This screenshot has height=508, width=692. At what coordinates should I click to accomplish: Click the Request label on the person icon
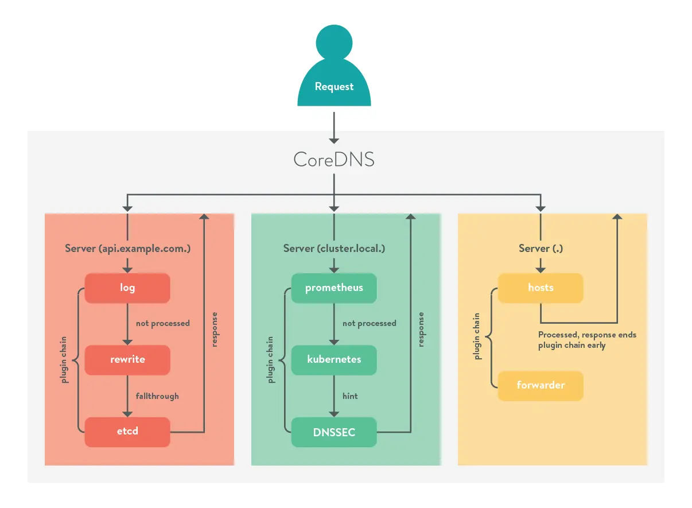pos(334,87)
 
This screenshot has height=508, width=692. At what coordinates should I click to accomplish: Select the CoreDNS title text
pos(334,159)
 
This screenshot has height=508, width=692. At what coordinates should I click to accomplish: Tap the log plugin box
pos(127,288)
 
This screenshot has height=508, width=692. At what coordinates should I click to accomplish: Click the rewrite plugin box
pos(127,359)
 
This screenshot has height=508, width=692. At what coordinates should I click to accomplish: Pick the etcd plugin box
pos(127,431)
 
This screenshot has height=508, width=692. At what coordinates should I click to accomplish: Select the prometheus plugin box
pos(334,288)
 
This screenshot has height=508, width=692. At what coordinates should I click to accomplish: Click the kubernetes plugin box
pos(334,359)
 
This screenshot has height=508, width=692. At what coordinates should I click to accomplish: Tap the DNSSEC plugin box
pos(334,432)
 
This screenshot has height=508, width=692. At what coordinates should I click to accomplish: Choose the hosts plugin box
pos(541,288)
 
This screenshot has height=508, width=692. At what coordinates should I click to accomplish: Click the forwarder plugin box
pos(541,385)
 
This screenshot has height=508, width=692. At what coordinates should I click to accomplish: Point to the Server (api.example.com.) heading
pos(127,249)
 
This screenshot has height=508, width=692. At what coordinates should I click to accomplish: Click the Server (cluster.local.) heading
pos(334,249)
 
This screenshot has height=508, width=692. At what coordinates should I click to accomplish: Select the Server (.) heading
pos(541,249)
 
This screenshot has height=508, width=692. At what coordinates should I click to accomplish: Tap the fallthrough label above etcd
pos(157,396)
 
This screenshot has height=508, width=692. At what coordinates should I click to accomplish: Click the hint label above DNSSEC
pos(350,396)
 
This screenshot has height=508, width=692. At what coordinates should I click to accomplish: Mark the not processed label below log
pos(162,324)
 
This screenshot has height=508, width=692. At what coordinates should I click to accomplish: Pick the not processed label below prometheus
pos(369,324)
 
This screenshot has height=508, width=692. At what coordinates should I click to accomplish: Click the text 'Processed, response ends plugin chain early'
pos(587,340)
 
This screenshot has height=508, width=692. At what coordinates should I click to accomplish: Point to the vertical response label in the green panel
pos(421,329)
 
